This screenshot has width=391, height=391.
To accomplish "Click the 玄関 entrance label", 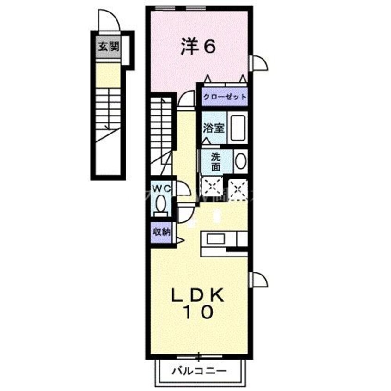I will (x=108, y=47).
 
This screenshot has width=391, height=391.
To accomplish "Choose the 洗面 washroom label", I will (x=216, y=162).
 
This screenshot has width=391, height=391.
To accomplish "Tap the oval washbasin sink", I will (x=240, y=161).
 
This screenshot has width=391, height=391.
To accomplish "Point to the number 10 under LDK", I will (x=201, y=312).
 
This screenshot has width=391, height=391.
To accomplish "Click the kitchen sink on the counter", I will (x=215, y=239).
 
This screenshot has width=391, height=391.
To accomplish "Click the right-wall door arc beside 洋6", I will (x=259, y=63).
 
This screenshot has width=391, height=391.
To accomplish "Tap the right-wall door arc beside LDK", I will (x=259, y=280).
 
